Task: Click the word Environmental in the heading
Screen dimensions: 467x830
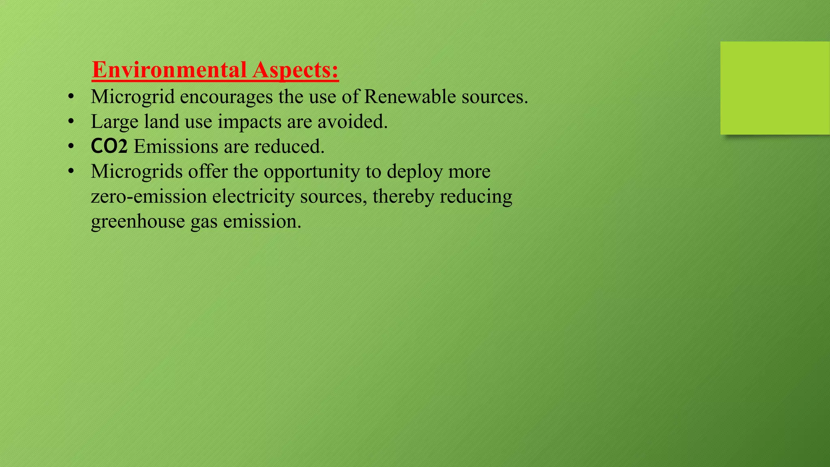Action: tap(169, 70)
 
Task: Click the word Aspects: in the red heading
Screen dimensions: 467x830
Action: tap(295, 70)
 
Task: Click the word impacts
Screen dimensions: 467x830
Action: tap(249, 122)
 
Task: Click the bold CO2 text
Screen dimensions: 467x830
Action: tap(109, 146)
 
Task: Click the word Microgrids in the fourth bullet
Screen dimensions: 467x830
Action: tap(137, 171)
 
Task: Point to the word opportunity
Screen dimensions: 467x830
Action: tap(312, 172)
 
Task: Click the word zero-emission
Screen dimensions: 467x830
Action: tap(149, 197)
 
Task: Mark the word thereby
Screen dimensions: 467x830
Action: tap(403, 197)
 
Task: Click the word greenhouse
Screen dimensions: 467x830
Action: tap(138, 222)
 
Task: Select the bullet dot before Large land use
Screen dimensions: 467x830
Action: tap(71, 122)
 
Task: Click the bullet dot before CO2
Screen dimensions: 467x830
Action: tap(71, 146)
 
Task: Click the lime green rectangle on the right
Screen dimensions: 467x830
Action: tap(775, 88)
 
